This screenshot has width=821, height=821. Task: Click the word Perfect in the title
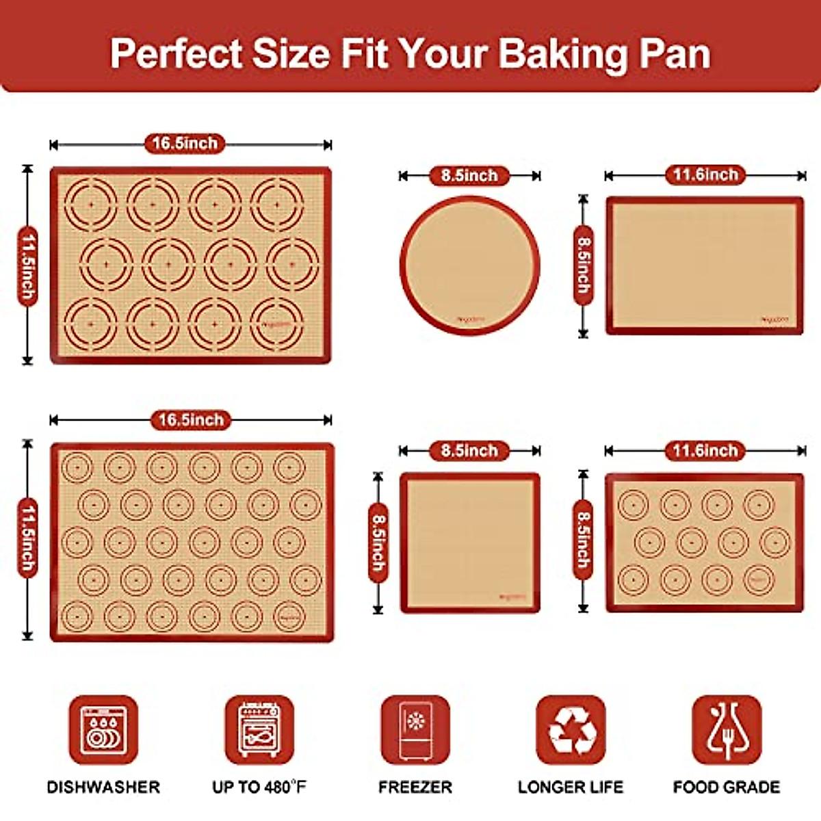pos(177,53)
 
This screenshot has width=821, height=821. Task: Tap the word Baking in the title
pos(562,53)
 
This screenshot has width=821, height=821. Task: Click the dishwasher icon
pos(103,729)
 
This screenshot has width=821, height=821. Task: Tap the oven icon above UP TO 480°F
pos(259,729)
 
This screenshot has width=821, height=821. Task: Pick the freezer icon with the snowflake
pos(415,729)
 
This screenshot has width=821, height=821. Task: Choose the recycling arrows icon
pos(571,729)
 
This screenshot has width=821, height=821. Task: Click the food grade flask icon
pos(727,729)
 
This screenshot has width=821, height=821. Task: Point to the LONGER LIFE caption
pos(571,787)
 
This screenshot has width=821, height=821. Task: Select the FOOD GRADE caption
pos(727,787)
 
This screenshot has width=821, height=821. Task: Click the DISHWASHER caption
pos(103,787)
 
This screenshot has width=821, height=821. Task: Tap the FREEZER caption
pos(415,787)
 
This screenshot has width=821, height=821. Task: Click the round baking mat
pos(470,265)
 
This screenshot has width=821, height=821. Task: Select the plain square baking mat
pos(470,543)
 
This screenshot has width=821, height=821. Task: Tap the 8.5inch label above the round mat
pos(469,176)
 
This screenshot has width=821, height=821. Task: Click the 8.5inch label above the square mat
pos(469,451)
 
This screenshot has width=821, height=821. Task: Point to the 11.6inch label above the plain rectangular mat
pos(705,175)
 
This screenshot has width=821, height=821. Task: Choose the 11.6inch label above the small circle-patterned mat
pos(705,451)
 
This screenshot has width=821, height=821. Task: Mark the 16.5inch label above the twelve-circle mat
pos(185,144)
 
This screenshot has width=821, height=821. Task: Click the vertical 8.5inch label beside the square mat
pos(378,543)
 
